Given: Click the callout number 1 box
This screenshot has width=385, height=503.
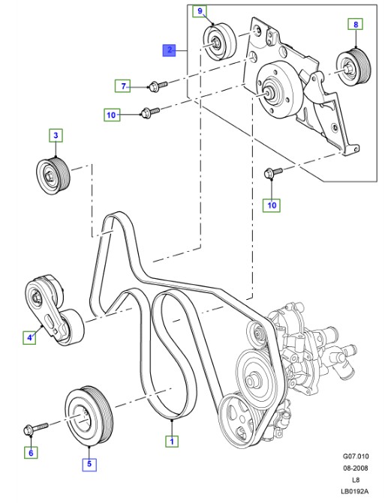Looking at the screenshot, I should point(172,442).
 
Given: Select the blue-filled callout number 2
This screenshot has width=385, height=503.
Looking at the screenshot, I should point(170,51).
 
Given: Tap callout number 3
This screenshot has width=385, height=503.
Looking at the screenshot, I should point(56,136).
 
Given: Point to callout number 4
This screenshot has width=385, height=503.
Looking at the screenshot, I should point(31,338).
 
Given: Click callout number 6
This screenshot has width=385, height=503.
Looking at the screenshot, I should point(31,452).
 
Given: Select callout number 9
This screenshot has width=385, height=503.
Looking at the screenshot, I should point(199,11).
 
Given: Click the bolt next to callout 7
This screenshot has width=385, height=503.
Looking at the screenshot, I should point(156,85).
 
